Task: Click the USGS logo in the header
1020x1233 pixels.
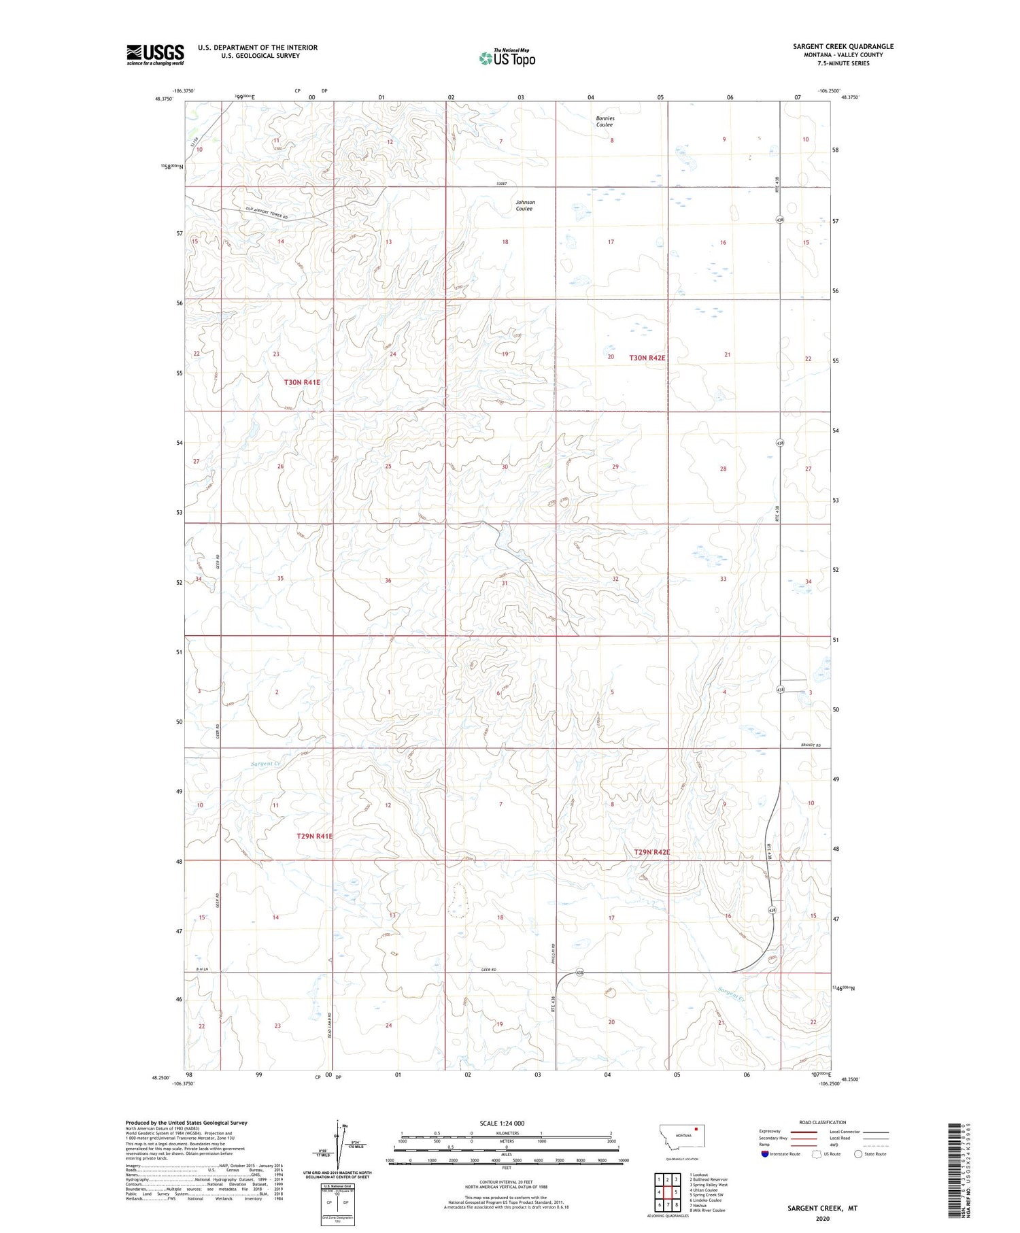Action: coord(155,54)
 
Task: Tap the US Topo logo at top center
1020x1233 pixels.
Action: coord(507,58)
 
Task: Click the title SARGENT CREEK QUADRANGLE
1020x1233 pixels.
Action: coord(843,46)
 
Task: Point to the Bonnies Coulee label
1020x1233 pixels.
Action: coord(605,122)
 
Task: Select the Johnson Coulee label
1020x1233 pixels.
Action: coord(525,205)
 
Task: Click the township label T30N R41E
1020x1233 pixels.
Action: coord(302,382)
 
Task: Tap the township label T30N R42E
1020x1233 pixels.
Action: coord(647,357)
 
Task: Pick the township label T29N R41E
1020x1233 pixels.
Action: coord(314,836)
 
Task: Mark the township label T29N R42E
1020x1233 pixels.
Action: coord(651,852)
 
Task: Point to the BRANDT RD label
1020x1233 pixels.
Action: coord(811,746)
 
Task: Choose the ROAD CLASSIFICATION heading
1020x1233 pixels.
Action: coord(822,1122)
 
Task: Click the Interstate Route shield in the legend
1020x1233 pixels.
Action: coord(765,1154)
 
